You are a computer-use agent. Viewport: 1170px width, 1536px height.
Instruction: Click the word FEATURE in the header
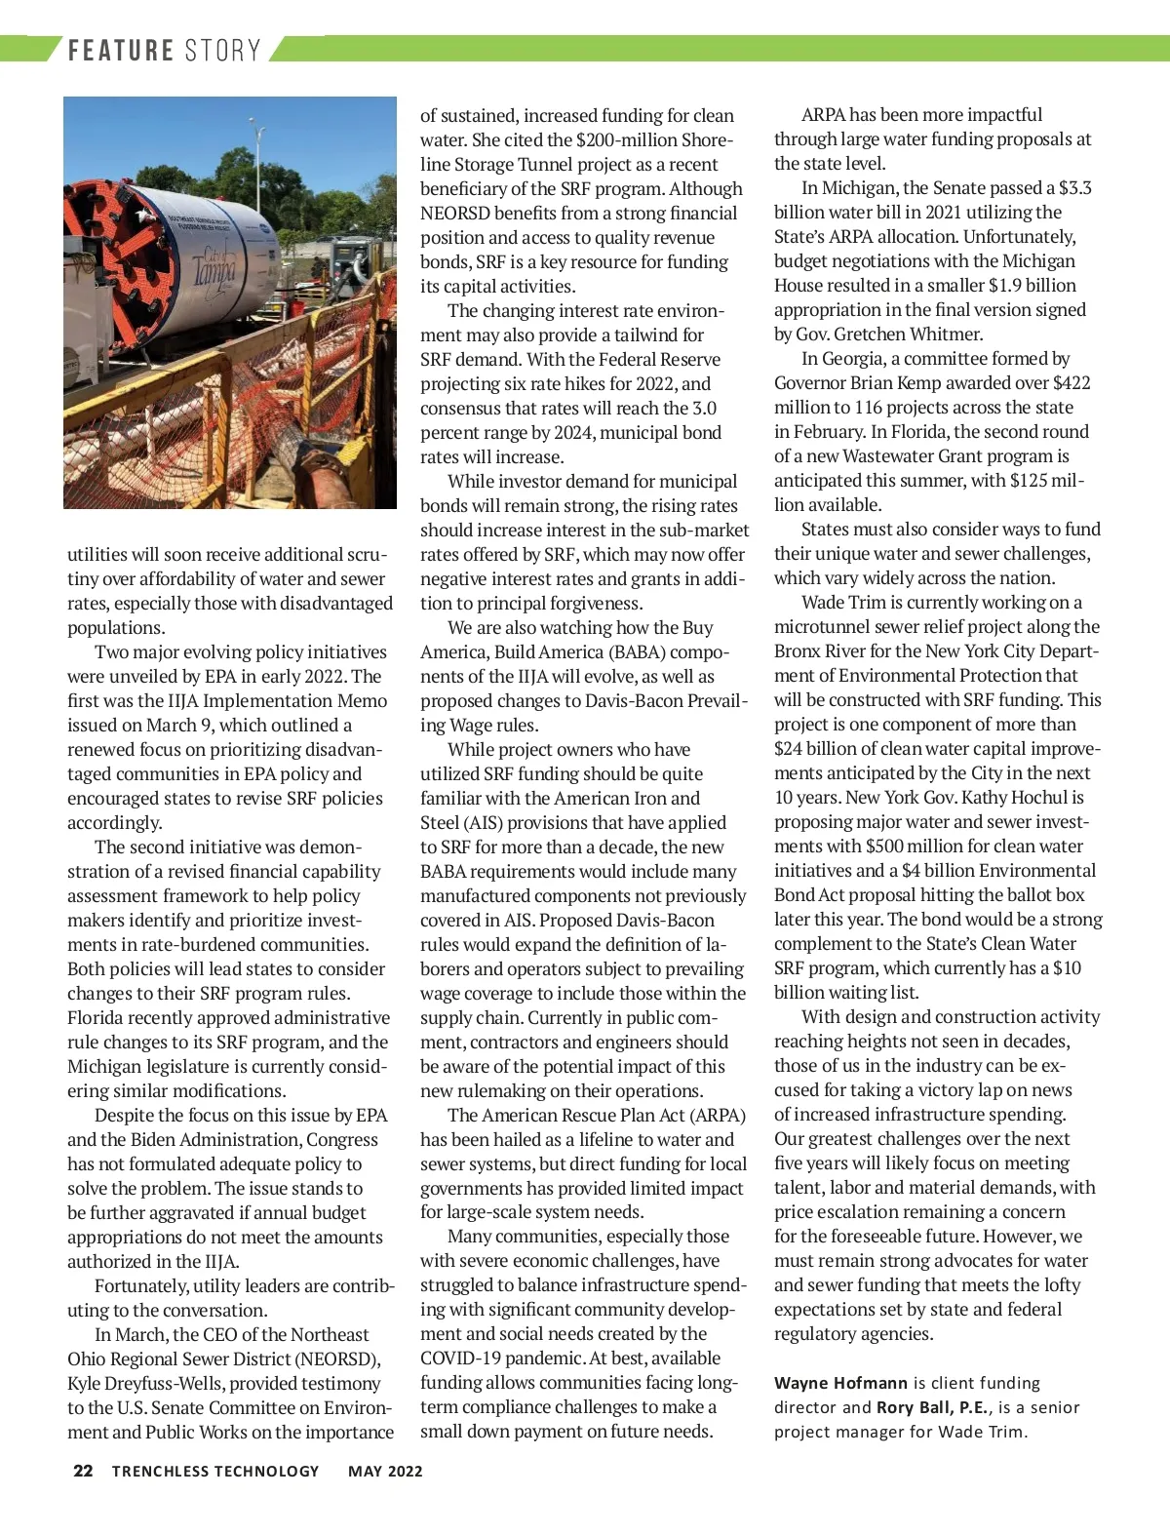[x=121, y=51]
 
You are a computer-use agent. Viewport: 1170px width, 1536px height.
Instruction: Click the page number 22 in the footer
[x=83, y=1471]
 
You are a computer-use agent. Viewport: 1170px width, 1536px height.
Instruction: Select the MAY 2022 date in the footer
[x=385, y=1472]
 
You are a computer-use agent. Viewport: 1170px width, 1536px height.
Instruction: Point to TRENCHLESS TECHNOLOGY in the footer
[x=215, y=1472]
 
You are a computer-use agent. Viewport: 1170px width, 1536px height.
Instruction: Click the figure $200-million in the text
[x=628, y=139]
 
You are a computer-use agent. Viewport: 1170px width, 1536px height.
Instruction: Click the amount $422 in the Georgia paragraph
[x=1072, y=382]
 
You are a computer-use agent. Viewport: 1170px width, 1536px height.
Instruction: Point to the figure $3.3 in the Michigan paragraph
[x=1075, y=187]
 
